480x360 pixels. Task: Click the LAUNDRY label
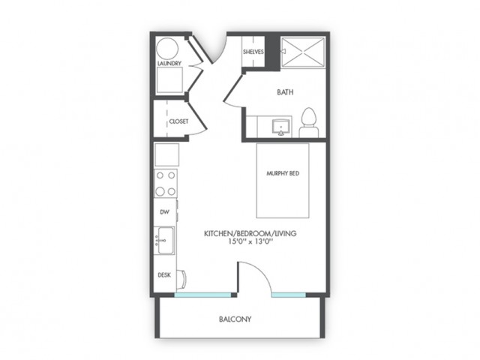[x=169, y=63]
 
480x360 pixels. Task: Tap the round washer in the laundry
[x=167, y=48]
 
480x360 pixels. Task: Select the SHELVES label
[x=253, y=52]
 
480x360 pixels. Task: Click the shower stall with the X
[x=303, y=52]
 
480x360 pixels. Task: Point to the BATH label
[x=285, y=92]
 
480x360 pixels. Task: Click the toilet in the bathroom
[x=308, y=123]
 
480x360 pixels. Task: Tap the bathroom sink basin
[x=280, y=127]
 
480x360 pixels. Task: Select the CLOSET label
[x=178, y=121]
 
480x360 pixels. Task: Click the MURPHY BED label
[x=283, y=173]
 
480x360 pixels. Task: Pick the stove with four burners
[x=166, y=183]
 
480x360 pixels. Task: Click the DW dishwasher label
[x=165, y=211]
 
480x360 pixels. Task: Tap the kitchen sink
[x=165, y=240]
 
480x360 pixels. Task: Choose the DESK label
[x=164, y=275]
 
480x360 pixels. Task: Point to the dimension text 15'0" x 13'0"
[x=250, y=241]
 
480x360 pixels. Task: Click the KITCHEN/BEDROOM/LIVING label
[x=250, y=233]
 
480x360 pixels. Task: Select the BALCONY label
[x=235, y=319]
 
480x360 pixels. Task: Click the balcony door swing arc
[x=260, y=271]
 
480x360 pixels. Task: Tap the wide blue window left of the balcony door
[x=202, y=295]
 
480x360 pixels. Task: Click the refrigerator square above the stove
[x=166, y=154]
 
